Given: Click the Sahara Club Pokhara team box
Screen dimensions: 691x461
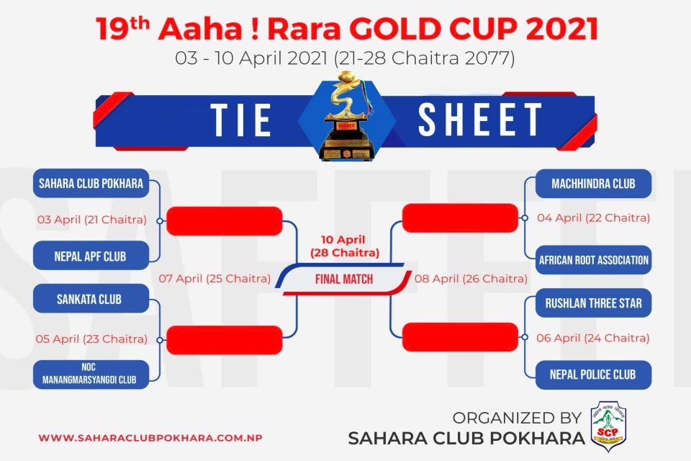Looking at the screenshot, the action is coord(91,183).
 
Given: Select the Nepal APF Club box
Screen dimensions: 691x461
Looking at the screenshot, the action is coord(91,256).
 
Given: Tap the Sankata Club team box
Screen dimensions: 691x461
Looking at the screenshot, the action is coord(91,299).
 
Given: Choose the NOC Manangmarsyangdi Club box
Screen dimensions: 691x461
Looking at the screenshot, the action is coord(91,375).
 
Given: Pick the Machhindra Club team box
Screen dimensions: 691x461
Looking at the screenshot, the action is coord(593,184).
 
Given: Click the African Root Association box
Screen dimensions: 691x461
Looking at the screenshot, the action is coord(593,260).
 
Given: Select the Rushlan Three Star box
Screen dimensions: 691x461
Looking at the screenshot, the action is coord(593,303).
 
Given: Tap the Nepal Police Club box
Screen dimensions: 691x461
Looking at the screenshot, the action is coord(593,375).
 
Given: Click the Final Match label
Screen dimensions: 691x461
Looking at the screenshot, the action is coord(344,279).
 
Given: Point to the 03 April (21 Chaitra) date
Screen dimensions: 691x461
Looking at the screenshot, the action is coord(91,220).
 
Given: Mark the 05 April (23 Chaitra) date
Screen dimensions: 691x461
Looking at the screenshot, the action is coord(91,339).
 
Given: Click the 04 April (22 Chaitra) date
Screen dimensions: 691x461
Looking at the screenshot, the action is coord(593,218).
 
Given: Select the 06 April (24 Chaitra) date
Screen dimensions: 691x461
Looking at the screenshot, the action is coord(592,339).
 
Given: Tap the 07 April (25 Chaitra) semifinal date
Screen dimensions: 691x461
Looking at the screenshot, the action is coord(214,279).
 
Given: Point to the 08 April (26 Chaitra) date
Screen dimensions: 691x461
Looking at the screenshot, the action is coord(471,279).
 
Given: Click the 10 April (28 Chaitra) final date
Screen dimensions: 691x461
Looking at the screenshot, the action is coord(345,246).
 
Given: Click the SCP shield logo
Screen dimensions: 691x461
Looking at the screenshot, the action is coord(608,426).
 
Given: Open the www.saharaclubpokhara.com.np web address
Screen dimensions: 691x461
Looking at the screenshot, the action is coord(150,438).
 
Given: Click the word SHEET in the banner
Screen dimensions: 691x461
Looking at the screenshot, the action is coord(480,120).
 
